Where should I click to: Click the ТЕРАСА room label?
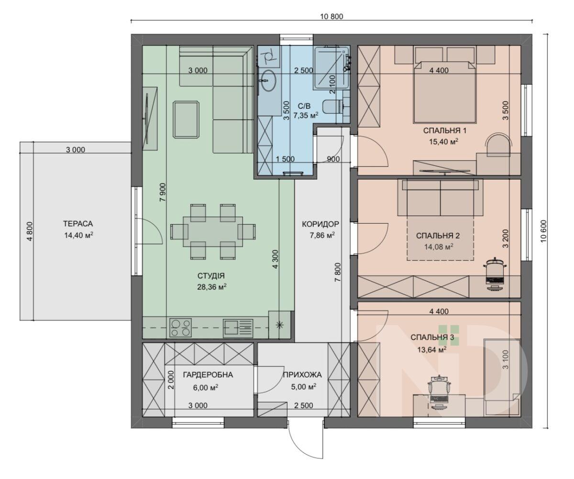pyautogui.click(x=78, y=224)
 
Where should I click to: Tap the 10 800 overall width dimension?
pyautogui.click(x=331, y=16)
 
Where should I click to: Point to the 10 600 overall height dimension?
pyautogui.click(x=543, y=231)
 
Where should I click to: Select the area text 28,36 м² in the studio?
pyautogui.click(x=212, y=287)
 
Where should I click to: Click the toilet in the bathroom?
pyautogui.click(x=332, y=106)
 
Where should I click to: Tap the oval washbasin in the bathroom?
pyautogui.click(x=268, y=80)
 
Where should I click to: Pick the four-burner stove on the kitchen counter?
pyautogui.click(x=181, y=327)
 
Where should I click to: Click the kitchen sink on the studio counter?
pyautogui.click(x=238, y=328)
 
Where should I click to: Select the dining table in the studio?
pyautogui.click(x=213, y=231)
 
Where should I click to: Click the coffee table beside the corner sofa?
pyautogui.click(x=186, y=119)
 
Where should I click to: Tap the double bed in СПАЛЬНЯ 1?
pyautogui.click(x=444, y=91)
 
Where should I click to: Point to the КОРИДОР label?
pyautogui.click(x=320, y=224)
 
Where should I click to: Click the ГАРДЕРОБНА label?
pyautogui.click(x=208, y=375)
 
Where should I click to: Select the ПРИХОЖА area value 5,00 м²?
pyautogui.click(x=303, y=387)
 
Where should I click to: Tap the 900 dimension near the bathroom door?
pyautogui.click(x=333, y=159)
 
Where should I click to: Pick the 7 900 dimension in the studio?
pyautogui.click(x=163, y=192)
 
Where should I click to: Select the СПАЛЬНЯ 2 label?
pyautogui.click(x=438, y=236)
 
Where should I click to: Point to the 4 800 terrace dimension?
pyautogui.click(x=30, y=231)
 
